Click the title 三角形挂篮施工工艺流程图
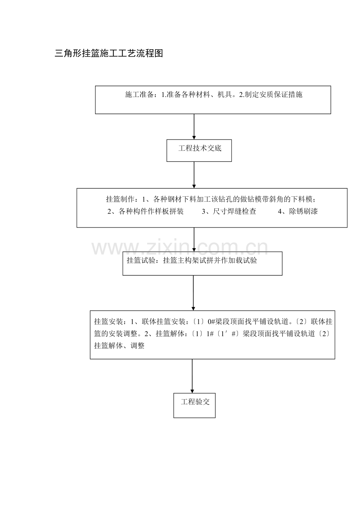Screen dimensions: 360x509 pos(109,54)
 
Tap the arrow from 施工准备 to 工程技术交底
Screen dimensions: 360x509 pos(194,127)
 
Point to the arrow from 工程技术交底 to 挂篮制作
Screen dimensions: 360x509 pos(194,175)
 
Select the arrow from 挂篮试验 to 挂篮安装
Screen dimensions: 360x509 pos(193,293)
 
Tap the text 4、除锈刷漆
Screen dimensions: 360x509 pos(298,211)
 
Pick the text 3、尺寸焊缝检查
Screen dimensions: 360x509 pos(229,211)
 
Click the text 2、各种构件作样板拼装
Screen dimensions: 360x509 pos(145,211)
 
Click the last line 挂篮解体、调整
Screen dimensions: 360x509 pos(119,346)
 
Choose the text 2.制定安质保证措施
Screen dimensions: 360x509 pos(271,94)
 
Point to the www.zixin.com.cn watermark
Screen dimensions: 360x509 pos(180,248)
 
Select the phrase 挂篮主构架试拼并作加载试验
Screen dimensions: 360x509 pos(210,260)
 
